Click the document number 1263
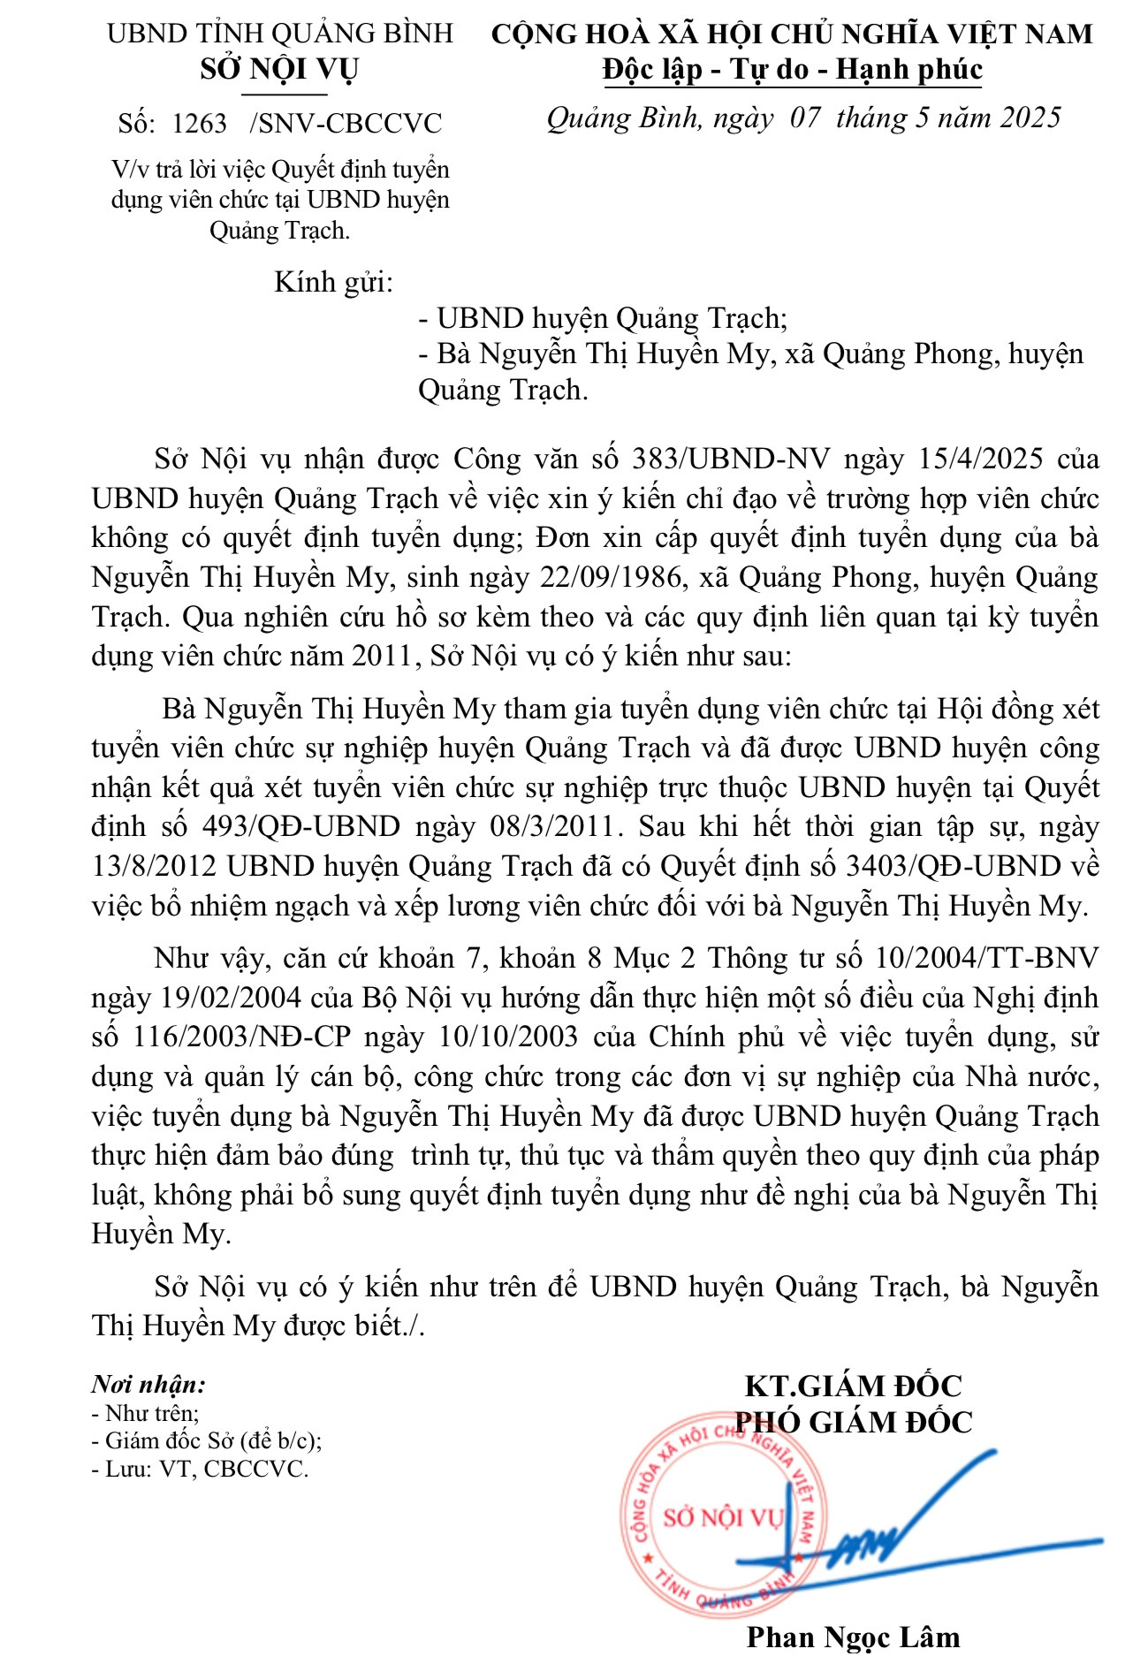point(199,124)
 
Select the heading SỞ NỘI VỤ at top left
point(278,69)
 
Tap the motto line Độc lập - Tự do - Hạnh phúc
point(792,69)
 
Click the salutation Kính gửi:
point(333,283)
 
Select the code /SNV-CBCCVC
point(346,124)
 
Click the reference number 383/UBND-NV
point(731,459)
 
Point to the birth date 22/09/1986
point(611,577)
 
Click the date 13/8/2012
point(155,866)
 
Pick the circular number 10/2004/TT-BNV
point(986,958)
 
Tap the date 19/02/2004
point(232,998)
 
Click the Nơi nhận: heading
point(148,1385)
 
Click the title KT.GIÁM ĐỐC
point(853,1385)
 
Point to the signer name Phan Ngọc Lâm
point(853,1637)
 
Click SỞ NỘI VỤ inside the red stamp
point(723,1517)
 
